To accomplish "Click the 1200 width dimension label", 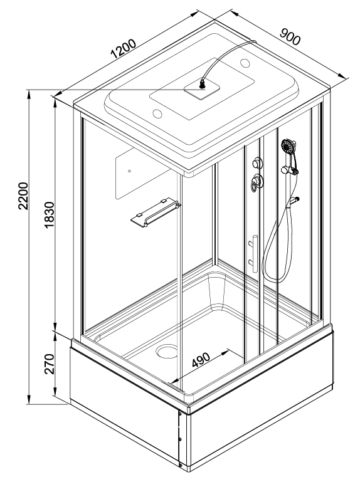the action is pos(124,49).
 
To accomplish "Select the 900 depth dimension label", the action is pos(290,36).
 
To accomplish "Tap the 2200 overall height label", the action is pos(23,196).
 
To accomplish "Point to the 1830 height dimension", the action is pos(49,214).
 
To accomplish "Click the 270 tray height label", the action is pos(49,364).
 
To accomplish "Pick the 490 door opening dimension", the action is pos(201,360).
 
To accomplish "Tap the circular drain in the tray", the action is pos(167,351).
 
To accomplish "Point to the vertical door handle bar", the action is pos(255,253).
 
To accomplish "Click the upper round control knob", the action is pos(257,162).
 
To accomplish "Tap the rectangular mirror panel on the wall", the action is pos(142,174).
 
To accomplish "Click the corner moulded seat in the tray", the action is pos(217,292).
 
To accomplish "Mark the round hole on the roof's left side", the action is pos(157,113).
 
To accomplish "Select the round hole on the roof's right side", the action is pos(245,63).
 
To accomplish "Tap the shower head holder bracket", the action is pos(289,170).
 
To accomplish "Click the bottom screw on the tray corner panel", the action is pos(180,465).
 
